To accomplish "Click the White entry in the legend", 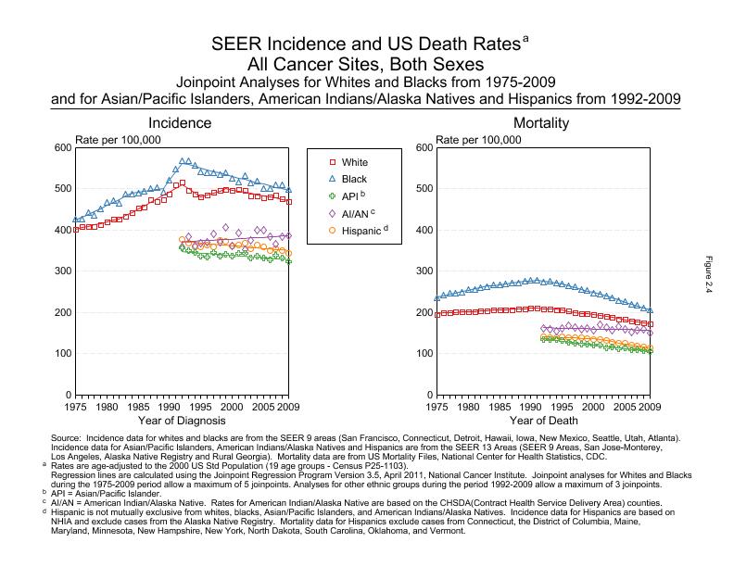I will [354, 162].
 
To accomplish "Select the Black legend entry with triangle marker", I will [354, 179].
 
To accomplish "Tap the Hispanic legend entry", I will [360, 229].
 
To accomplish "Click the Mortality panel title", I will [542, 123].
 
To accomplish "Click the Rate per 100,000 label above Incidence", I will [117, 140].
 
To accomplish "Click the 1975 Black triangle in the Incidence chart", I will [76, 220].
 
